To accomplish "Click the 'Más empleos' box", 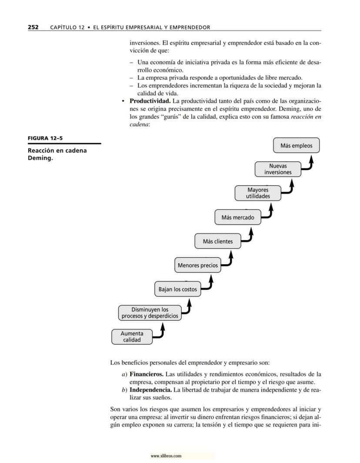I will [296, 146].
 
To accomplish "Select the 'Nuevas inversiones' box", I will [278, 169].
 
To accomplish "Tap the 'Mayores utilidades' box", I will [258, 193].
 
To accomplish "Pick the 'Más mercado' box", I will [237, 217].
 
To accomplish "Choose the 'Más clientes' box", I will [217, 241].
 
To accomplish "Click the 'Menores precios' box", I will [198, 265].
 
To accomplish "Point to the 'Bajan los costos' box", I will [177, 289].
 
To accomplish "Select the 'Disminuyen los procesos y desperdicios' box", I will [150, 313].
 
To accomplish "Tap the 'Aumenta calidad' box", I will [132, 337].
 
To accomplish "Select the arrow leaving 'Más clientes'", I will [249, 236].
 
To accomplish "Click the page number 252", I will [33, 27].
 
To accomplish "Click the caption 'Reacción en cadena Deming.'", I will [57, 154].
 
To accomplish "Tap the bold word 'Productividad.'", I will [150, 101].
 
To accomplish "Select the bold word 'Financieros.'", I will [147, 374].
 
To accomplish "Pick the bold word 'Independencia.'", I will [150, 390].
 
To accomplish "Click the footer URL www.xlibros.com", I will [166, 456].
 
